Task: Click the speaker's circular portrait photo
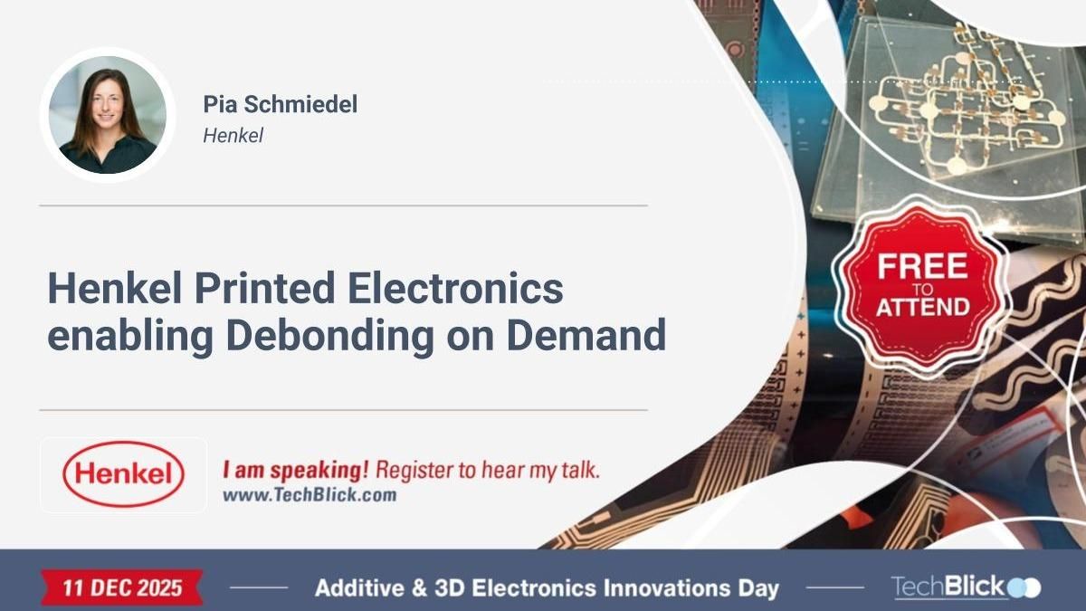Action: point(107,115)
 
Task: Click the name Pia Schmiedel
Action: point(280,104)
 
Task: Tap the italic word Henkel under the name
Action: point(233,135)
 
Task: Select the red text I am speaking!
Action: point(295,471)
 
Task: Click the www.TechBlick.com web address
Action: point(309,495)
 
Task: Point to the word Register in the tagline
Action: point(414,471)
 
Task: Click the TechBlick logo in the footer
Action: point(965,587)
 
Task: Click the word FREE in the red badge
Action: point(921,266)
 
